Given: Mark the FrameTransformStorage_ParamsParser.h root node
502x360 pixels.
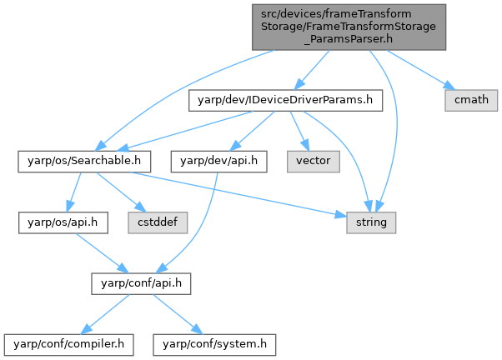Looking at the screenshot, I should (349, 27).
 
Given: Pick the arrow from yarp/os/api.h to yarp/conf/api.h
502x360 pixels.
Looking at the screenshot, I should (96, 252).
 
